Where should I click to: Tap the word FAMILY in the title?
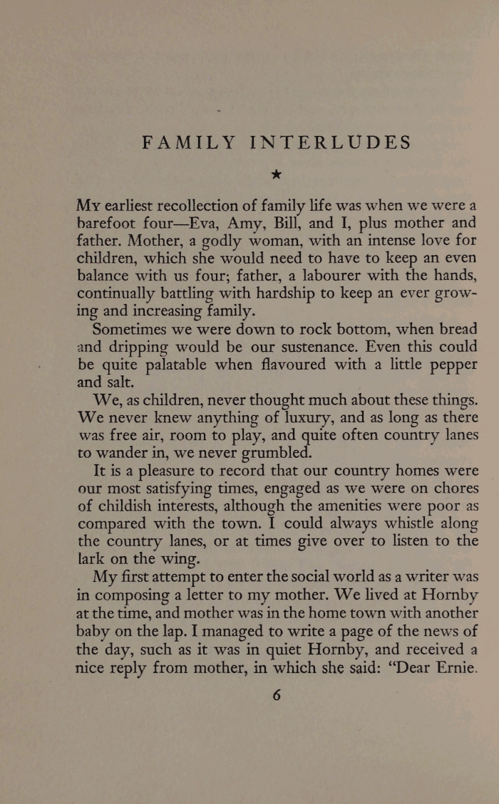tap(187, 142)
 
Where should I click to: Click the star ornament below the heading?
tap(277, 174)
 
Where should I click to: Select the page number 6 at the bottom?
tap(277, 695)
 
